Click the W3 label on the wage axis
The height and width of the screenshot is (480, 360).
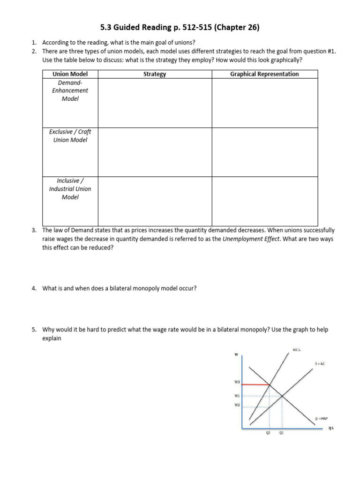coord(237,382)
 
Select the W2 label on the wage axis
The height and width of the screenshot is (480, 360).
coord(237,405)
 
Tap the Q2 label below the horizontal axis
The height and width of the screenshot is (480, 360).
coord(268,433)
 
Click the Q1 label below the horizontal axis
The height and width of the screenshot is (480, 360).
coord(281,433)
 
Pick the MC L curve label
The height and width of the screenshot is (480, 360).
coord(296,350)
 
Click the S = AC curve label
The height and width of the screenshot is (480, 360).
coord(320,364)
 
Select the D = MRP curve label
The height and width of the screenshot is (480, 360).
coord(321,418)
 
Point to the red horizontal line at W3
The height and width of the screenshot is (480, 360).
coord(255,384)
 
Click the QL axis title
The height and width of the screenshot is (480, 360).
coord(331,427)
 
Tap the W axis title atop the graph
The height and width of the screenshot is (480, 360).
coord(236,354)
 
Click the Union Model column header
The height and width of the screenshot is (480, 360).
coord(70,74)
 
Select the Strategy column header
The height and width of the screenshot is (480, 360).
coord(155,74)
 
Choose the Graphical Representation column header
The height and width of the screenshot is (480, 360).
coord(264,74)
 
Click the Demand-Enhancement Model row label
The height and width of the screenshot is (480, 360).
coord(70,90)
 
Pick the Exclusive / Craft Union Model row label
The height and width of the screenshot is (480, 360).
coord(70,136)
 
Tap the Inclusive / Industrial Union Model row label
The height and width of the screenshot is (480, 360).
coord(70,189)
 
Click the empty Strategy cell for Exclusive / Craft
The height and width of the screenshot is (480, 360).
coord(155,152)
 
